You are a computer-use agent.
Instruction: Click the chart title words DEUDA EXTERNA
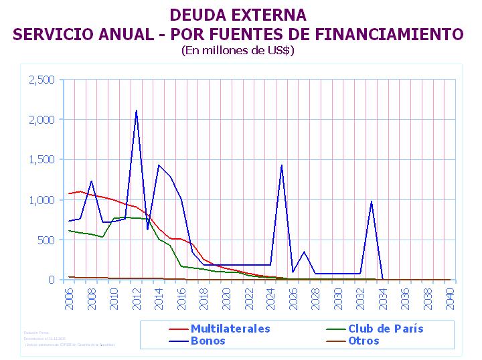tap(238, 15)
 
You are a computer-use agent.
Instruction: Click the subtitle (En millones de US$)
tap(238, 50)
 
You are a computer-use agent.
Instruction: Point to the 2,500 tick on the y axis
tap(42, 80)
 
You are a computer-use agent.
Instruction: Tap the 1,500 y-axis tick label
tap(42, 160)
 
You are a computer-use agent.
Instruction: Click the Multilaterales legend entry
tap(230, 329)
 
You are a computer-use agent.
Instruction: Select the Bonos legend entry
tap(208, 341)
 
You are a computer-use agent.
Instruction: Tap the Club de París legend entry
tap(386, 329)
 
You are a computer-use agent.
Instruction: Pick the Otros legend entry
tap(364, 341)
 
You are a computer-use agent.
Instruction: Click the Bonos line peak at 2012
tap(137, 110)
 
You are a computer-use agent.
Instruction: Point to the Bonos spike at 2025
tap(282, 165)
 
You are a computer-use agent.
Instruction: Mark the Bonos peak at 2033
tap(372, 201)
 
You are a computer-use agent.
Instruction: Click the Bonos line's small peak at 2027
tap(304, 252)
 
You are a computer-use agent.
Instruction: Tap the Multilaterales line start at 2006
tap(69, 193)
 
